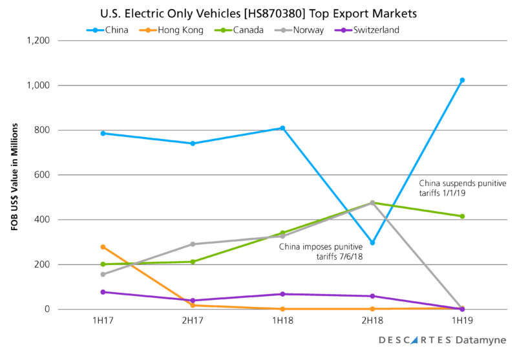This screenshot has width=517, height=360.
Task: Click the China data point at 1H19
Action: [462, 80]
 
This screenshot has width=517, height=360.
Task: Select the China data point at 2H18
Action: [372, 243]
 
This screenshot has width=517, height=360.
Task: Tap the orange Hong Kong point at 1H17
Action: [103, 247]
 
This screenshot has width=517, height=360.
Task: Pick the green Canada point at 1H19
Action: [462, 216]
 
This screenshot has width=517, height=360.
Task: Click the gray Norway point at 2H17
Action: [193, 244]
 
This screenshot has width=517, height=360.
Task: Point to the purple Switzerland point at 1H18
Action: [282, 294]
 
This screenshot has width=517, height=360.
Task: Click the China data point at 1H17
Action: [103, 133]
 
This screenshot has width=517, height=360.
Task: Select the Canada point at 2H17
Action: [193, 262]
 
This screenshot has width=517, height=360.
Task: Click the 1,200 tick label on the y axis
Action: [39, 41]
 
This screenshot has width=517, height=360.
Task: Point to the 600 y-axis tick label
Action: [43, 175]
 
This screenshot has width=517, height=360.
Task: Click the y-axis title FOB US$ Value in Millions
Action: [12, 175]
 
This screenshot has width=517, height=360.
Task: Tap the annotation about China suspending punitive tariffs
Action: [463, 189]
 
